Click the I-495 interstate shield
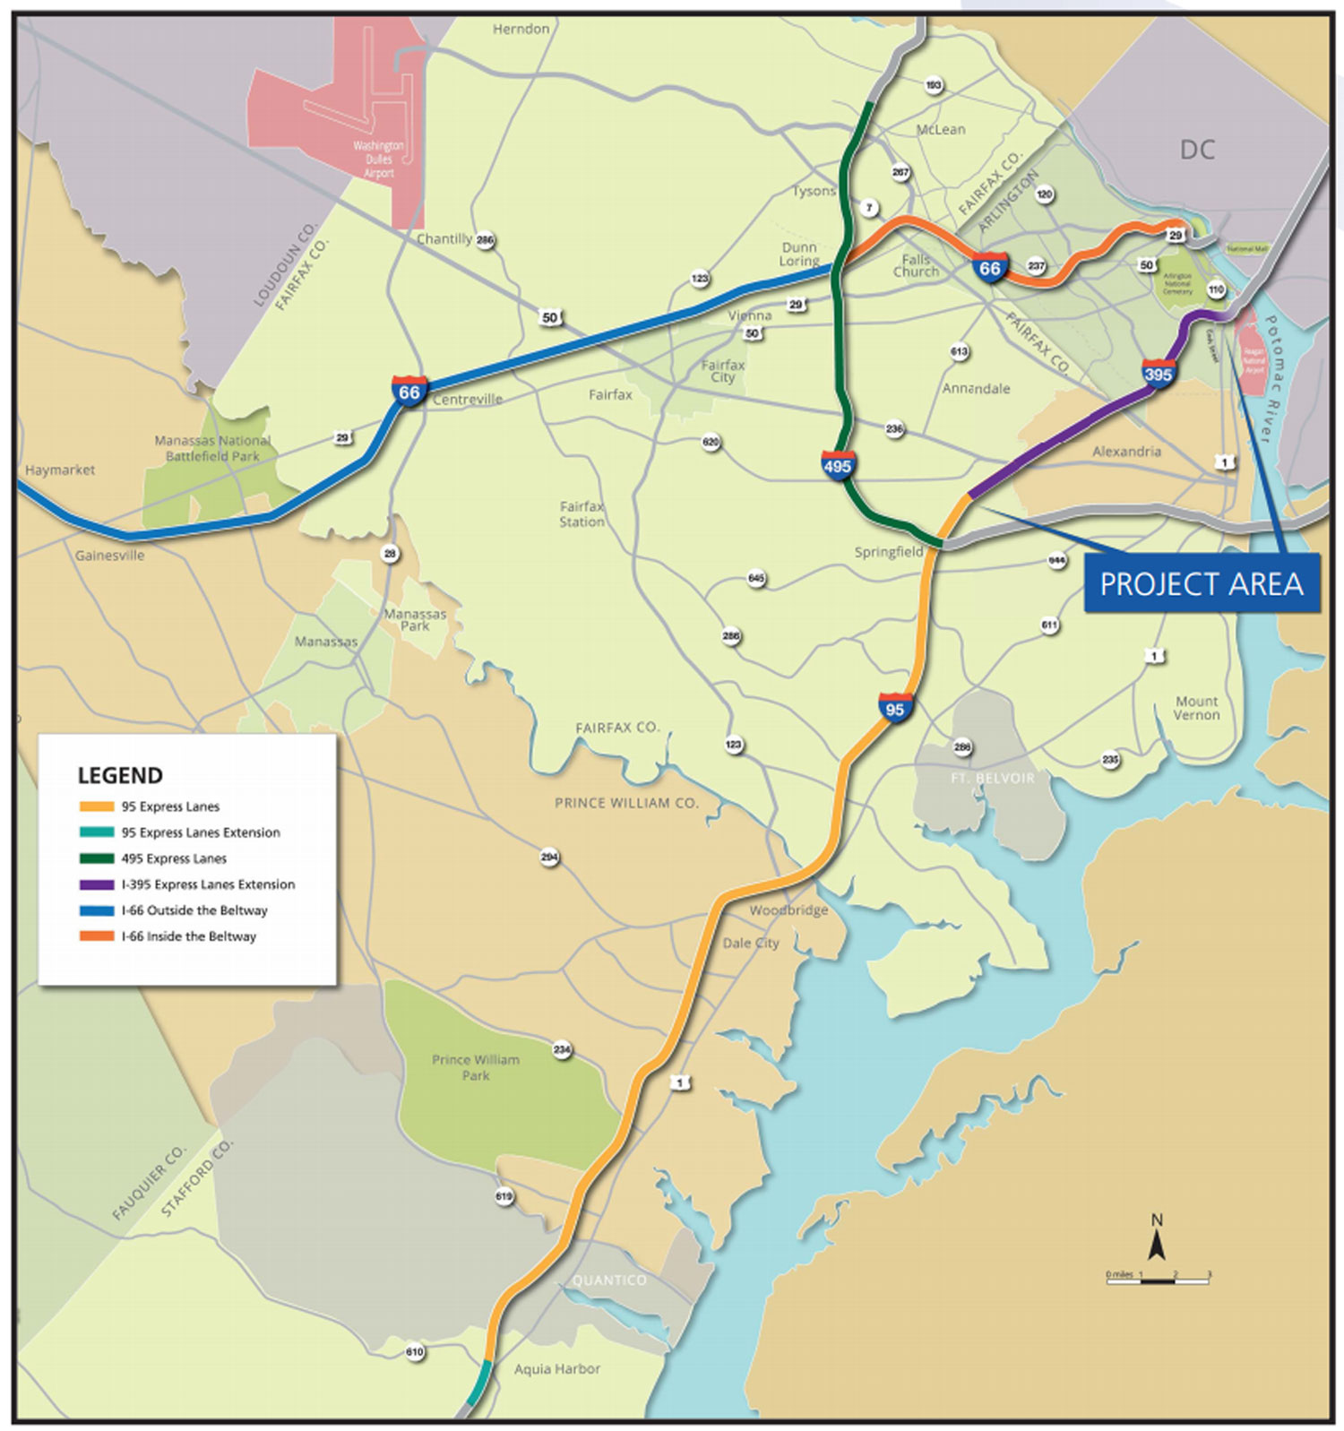point(838,466)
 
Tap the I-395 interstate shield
point(1158,373)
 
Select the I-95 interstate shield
point(895,709)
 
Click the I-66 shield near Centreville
point(409,392)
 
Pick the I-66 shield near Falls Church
point(989,268)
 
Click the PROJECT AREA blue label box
point(1201,584)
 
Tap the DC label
point(1197,150)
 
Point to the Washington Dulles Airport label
point(378,159)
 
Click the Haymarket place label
point(59,470)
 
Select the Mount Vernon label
point(1196,708)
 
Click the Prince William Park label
point(476,1067)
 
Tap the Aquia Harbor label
point(556,1368)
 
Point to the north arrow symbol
point(1157,1241)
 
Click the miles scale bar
point(1158,1280)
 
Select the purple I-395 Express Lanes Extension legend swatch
point(96,884)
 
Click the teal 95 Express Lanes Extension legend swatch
point(96,832)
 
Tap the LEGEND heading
point(120,775)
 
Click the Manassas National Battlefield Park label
point(212,448)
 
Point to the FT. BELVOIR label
point(992,778)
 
